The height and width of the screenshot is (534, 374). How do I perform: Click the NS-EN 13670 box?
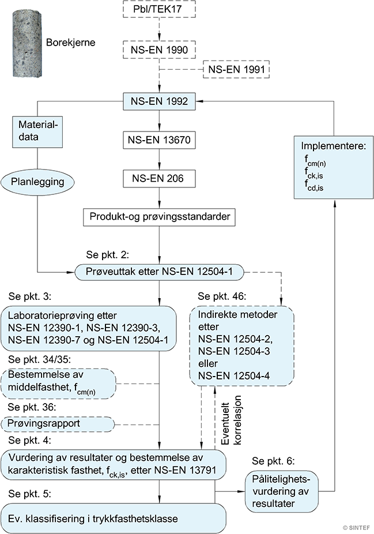pyautogui.click(x=158, y=140)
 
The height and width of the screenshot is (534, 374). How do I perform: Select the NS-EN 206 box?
pyautogui.click(x=158, y=179)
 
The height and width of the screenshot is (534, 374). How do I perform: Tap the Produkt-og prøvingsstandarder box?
pyautogui.click(x=158, y=218)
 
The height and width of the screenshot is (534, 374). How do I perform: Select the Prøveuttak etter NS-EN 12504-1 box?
pyautogui.click(x=158, y=271)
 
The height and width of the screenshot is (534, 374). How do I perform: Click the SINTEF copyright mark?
pyautogui.click(x=356, y=526)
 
